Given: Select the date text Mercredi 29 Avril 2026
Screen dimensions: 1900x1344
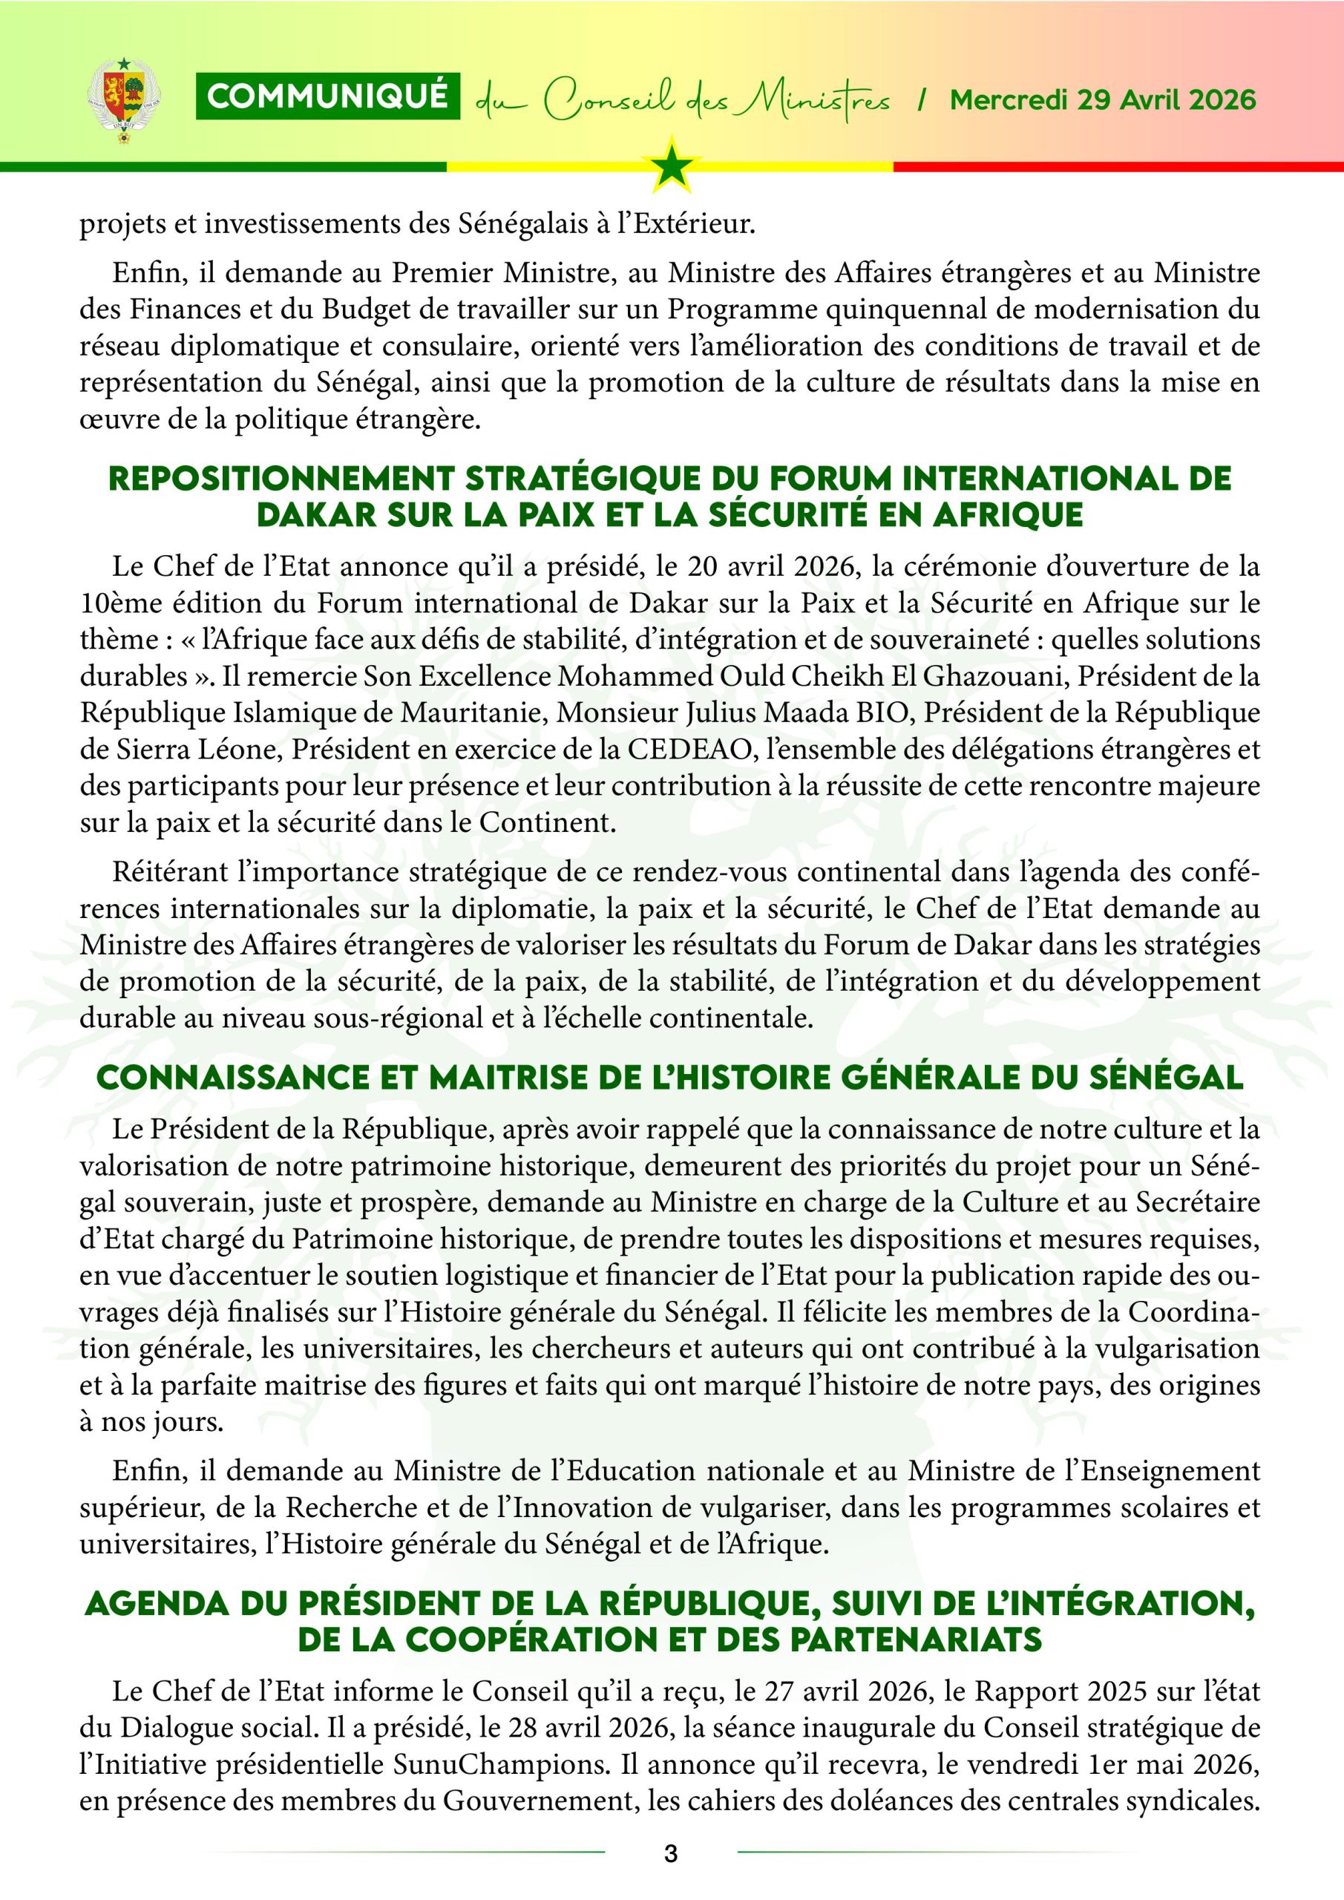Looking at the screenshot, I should pyautogui.click(x=1103, y=100).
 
